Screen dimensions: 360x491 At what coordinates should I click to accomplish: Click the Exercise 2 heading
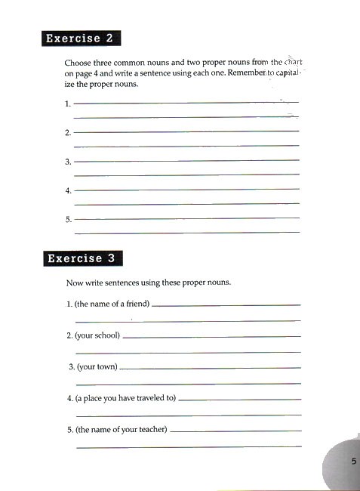[x=82, y=38]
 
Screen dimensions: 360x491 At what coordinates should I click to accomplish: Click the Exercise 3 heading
[x=82, y=258]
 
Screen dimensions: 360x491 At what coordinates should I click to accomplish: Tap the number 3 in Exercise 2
[x=68, y=162]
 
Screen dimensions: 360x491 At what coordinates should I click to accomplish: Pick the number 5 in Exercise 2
[x=68, y=220]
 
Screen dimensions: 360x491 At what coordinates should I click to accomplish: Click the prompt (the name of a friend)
[x=108, y=304]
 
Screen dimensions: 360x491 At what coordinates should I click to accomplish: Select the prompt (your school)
[x=93, y=335]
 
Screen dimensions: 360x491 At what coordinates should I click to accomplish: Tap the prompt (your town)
[x=94, y=367]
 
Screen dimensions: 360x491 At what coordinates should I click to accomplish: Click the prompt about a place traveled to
[x=121, y=398]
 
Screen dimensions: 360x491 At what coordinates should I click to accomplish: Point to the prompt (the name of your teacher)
[x=116, y=430]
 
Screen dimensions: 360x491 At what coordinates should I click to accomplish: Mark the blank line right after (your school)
[x=211, y=336]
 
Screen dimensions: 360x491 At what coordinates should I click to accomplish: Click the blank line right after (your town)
[x=211, y=368]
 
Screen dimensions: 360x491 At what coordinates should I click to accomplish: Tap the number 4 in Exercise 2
[x=68, y=190]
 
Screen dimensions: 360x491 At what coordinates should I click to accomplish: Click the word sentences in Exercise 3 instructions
[x=128, y=283]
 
